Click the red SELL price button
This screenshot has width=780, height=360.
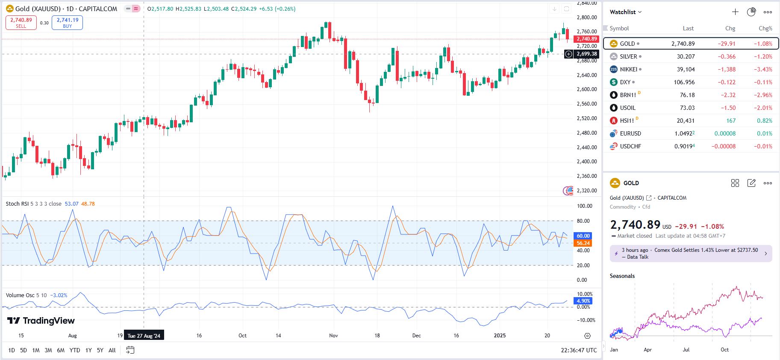(21, 23)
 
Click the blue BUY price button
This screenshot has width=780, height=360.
(67, 23)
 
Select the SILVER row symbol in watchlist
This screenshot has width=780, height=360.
(628, 56)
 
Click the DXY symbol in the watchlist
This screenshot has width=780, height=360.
(625, 82)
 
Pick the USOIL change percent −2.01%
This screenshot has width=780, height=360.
(763, 108)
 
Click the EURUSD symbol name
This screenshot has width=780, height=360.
(630, 133)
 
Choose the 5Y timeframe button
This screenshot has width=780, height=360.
(100, 350)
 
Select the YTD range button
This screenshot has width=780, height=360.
(75, 350)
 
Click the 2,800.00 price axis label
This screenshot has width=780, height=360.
(586, 18)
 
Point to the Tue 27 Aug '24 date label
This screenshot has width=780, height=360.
(144, 336)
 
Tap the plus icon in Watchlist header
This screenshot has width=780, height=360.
(735, 12)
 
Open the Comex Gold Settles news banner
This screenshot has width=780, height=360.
(691, 254)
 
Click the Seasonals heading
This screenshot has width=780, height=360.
(622, 276)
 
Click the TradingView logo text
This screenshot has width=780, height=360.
(41, 321)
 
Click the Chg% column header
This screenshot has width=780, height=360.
(765, 28)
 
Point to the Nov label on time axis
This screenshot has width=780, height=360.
(333, 336)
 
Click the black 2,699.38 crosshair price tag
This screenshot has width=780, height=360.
(586, 54)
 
